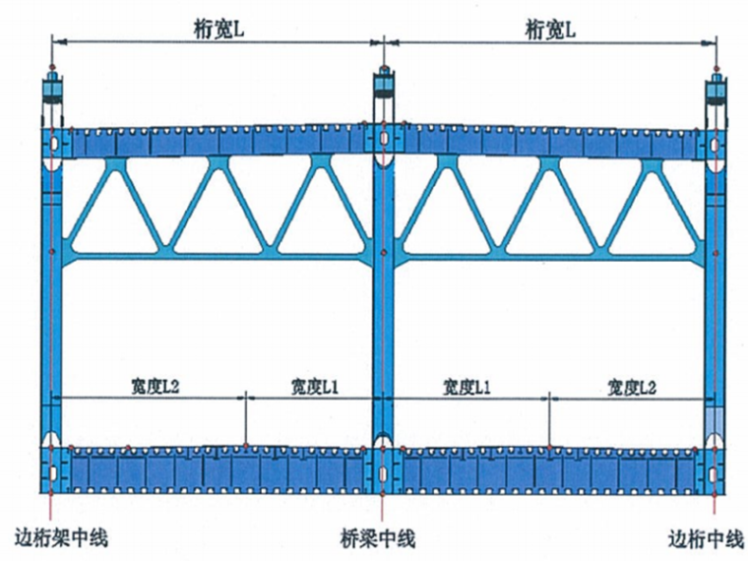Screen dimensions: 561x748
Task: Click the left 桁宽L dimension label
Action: pyautogui.click(x=218, y=31)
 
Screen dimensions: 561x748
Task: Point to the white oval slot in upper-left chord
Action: pyautogui.click(x=52, y=147)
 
